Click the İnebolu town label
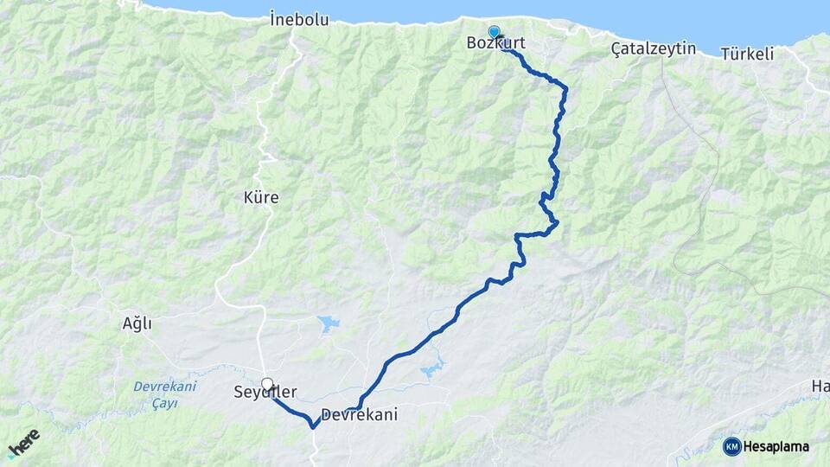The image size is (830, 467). coord(299,19)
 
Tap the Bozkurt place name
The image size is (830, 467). coord(495,43)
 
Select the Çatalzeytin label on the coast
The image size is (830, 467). coord(653,48)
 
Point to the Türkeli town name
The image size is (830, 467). coord(747,54)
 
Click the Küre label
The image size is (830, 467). coord(261,198)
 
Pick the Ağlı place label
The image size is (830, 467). coord(137,323)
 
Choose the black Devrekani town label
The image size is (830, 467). coord(360,415)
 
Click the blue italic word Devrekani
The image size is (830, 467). coord(165,386)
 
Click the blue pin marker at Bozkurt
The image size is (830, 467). coord(494,32)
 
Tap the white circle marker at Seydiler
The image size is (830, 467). coord(267,384)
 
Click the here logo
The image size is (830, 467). coord(24,444)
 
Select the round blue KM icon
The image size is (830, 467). coord(731,446)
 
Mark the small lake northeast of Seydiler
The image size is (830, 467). coord(328,324)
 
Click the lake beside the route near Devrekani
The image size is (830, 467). coord(431,369)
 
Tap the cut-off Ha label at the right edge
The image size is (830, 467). coord(820,386)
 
